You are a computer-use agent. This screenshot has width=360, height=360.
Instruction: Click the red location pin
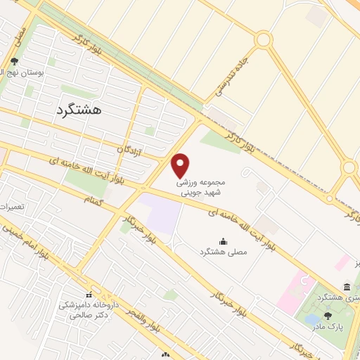[x=181, y=165]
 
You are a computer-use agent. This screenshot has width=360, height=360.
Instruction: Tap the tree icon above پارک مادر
[x=328, y=316]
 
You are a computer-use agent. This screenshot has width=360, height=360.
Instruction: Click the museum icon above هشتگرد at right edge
[x=347, y=287]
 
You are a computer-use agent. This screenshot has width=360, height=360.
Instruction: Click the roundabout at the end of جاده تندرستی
[x=264, y=40]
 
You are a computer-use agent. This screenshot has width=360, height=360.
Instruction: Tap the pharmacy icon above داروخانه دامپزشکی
[x=89, y=295]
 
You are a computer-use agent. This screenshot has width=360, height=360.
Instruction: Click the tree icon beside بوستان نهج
[x=15, y=62]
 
